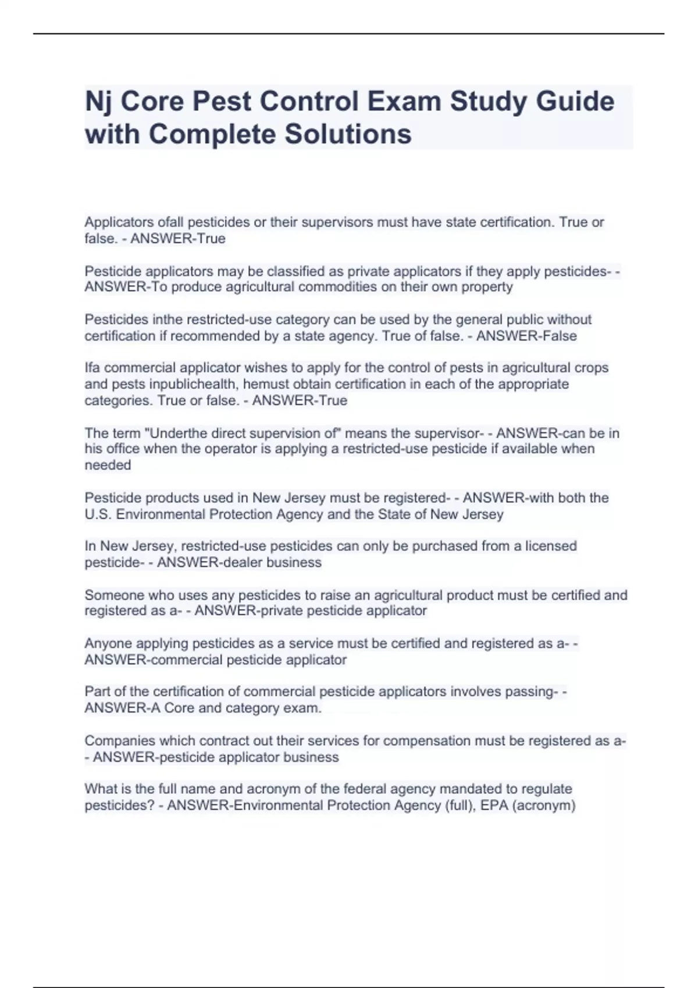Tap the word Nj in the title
tap(98, 102)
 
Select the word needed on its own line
tap(108, 465)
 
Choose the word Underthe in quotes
tap(176, 433)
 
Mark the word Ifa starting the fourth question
tap(92, 368)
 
